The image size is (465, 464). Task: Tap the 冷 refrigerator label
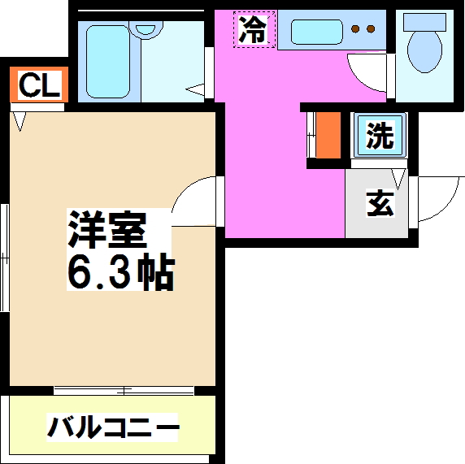click(x=253, y=31)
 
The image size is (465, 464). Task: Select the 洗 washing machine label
click(x=378, y=136)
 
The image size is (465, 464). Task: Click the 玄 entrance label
click(x=378, y=202)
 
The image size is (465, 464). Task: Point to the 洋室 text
click(x=106, y=229)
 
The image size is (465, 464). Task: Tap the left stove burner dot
click(x=354, y=31)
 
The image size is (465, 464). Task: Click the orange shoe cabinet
click(x=328, y=135)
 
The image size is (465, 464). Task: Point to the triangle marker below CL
click(x=20, y=122)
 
